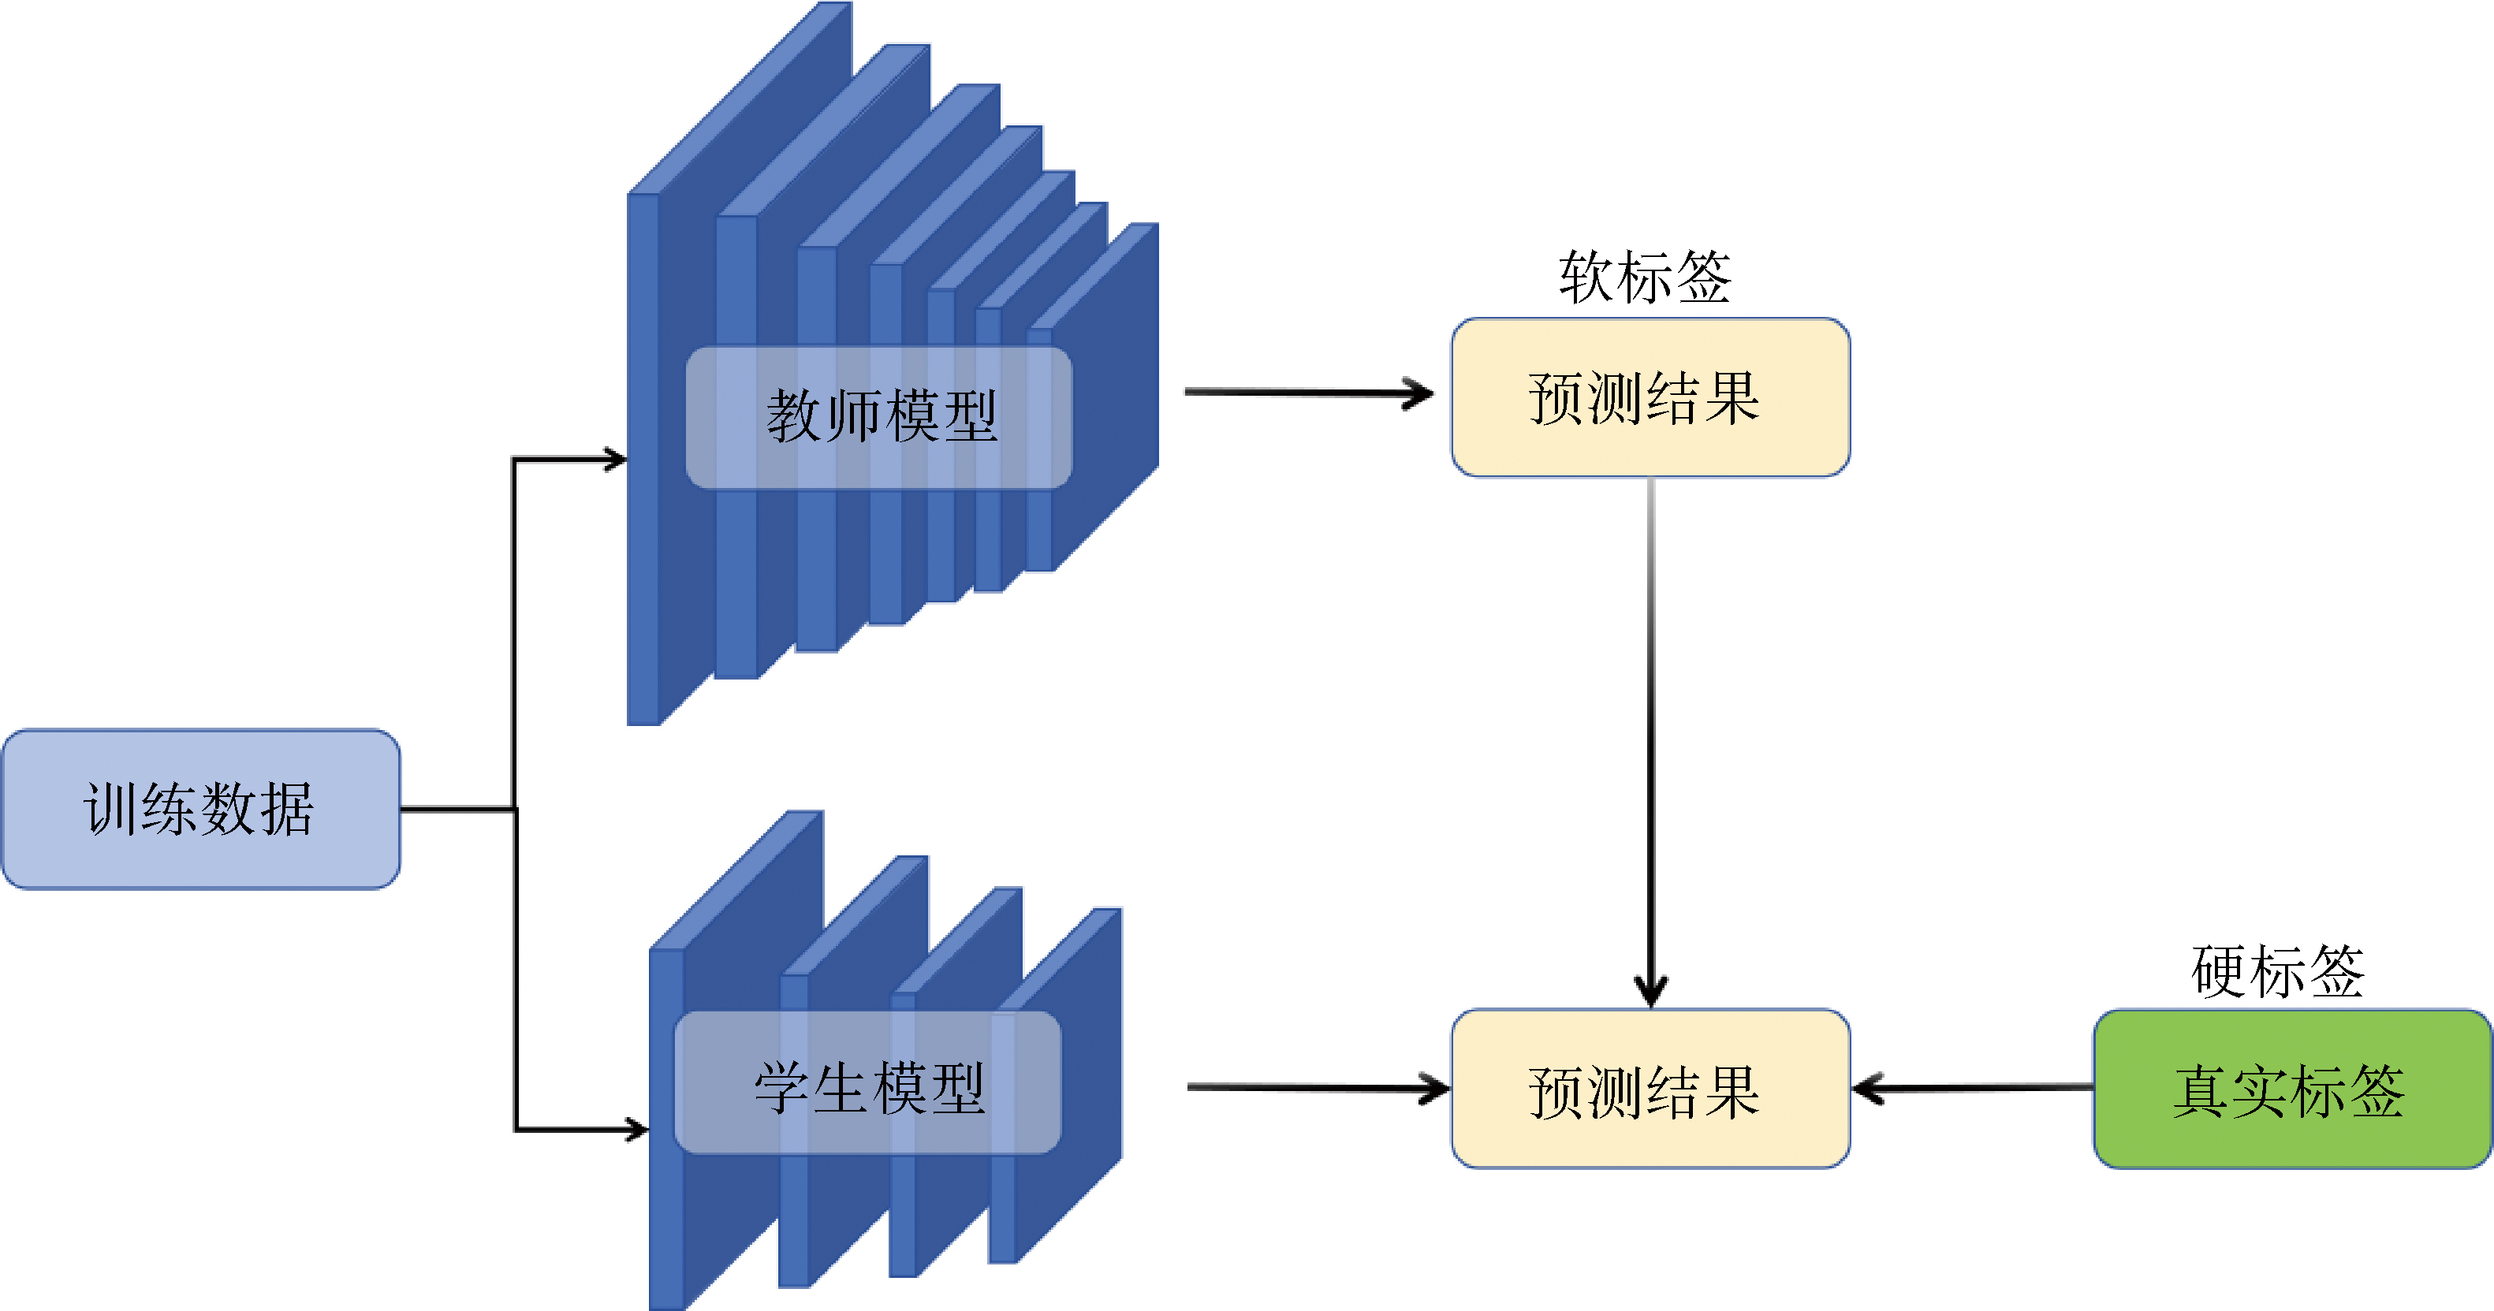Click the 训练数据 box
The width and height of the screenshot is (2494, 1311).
click(x=200, y=809)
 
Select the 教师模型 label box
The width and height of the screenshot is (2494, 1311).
click(x=879, y=417)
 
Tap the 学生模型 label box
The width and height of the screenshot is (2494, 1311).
click(x=867, y=1082)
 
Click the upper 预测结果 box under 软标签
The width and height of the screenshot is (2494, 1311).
click(x=1650, y=397)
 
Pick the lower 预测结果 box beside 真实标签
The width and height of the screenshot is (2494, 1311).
click(x=1650, y=1089)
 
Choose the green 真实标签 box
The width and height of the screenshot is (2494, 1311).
click(x=2291, y=1089)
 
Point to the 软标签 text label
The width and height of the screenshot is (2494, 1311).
click(x=1645, y=277)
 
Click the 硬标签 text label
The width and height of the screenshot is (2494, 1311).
click(x=2277, y=971)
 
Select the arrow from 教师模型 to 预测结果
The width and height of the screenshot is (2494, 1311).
click(x=1307, y=392)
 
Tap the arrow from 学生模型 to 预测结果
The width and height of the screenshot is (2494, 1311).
click(x=1317, y=1087)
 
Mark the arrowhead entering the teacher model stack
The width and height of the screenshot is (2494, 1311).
click(x=616, y=459)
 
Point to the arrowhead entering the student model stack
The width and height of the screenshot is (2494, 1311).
click(x=637, y=1129)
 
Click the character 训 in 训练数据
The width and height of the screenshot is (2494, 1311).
click(x=111, y=809)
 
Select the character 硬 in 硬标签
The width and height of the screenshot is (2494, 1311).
click(x=2220, y=971)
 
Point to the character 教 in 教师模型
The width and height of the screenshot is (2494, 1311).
click(x=794, y=417)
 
